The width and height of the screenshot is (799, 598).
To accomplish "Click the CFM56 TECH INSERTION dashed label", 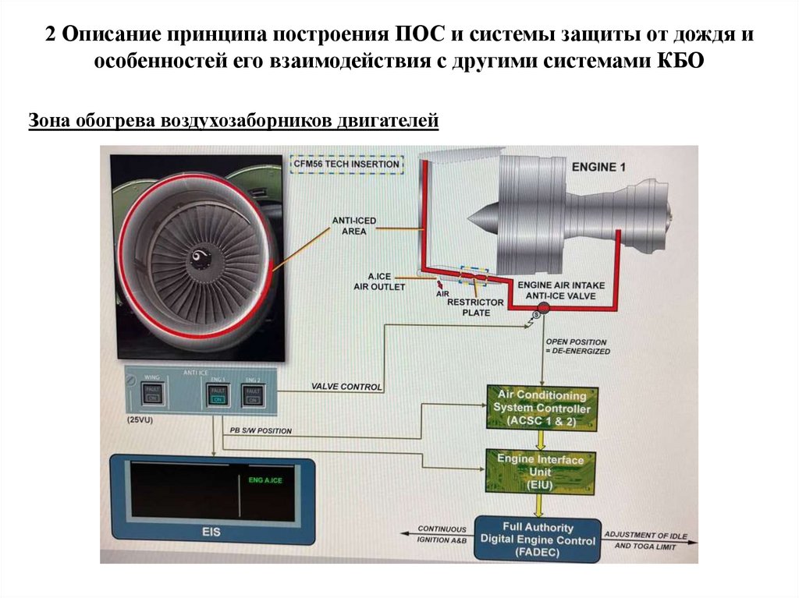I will click(x=346, y=165).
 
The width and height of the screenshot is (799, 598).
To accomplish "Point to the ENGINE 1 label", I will click(x=599, y=167).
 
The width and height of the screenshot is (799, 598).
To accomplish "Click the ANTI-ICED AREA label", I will click(x=354, y=226).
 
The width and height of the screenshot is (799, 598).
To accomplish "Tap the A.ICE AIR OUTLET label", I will click(x=388, y=281).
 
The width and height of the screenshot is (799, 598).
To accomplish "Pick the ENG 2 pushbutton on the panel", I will click(x=252, y=395).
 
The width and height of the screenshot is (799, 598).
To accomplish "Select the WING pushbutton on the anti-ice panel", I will click(x=153, y=393).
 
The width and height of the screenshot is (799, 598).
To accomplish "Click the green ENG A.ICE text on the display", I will click(x=265, y=480).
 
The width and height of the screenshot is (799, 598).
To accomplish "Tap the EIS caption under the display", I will click(x=211, y=533).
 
